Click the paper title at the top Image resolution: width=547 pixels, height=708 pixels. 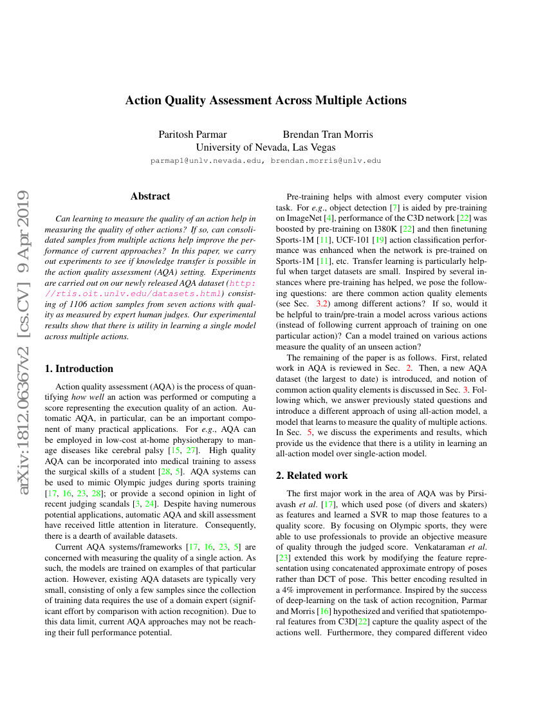pyautogui.click(x=266, y=100)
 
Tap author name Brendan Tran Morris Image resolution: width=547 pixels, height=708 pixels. pyautogui.click(x=328, y=135)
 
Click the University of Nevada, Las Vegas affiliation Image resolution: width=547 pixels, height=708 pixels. pyautogui.click(x=265, y=147)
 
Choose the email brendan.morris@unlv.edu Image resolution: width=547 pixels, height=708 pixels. pyautogui.click(x=326, y=160)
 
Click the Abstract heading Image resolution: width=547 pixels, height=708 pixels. pyautogui.click(x=150, y=196)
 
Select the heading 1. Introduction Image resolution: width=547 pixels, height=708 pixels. pyautogui.click(x=78, y=369)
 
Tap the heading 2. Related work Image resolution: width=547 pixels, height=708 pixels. pyautogui.click(x=311, y=476)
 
